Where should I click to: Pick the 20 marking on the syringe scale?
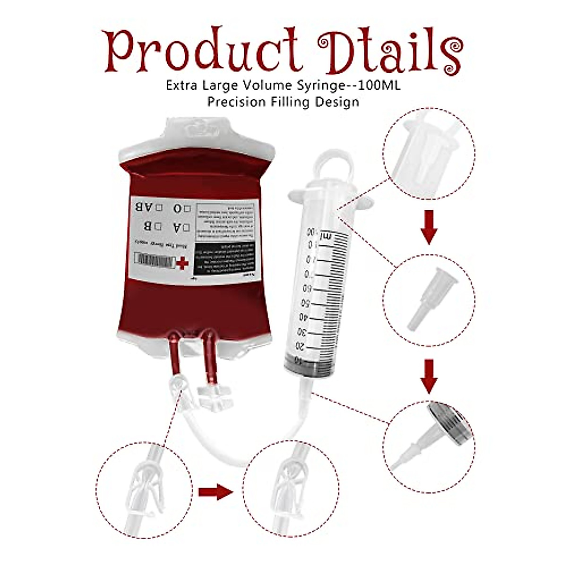(300, 346)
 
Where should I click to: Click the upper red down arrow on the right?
(429, 228)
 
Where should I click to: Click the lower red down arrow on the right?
(429, 376)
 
